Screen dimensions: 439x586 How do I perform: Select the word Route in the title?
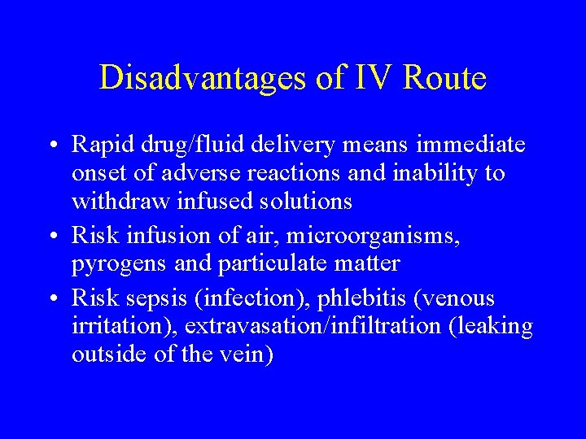click(444, 78)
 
